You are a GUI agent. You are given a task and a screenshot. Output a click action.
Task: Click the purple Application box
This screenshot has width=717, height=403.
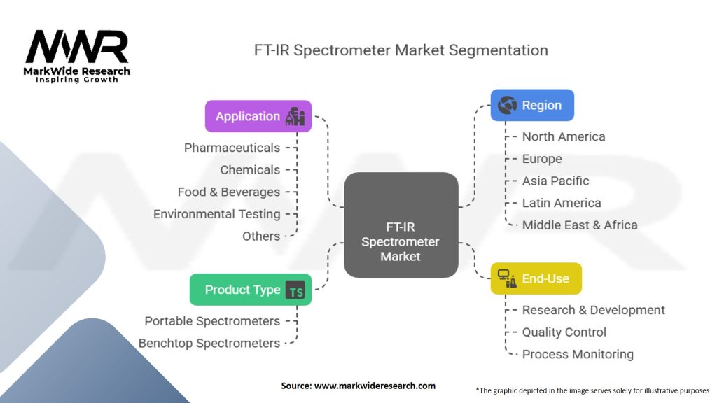tap(258, 116)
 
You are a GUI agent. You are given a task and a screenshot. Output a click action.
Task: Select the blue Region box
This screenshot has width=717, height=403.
tap(532, 105)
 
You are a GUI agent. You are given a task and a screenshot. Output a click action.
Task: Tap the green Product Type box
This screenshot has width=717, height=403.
tap(251, 290)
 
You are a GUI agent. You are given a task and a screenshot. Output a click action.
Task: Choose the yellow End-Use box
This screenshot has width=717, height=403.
tap(536, 278)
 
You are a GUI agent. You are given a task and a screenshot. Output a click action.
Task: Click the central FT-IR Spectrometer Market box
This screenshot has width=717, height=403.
tap(401, 225)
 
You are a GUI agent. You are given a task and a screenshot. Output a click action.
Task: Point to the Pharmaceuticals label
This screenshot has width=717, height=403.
tap(232, 148)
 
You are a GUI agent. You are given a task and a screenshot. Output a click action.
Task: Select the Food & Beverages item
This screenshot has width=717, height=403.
tap(229, 192)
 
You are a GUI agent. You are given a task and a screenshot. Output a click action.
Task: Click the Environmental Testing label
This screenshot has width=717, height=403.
tap(217, 214)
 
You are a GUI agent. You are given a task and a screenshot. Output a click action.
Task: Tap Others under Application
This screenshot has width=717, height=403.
tap(261, 236)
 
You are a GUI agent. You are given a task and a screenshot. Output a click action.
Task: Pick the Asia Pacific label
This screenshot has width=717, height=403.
tap(555, 181)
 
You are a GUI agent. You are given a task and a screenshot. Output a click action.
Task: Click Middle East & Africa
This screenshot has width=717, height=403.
tap(580, 225)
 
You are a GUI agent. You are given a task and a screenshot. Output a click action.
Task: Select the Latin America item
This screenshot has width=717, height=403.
tap(562, 203)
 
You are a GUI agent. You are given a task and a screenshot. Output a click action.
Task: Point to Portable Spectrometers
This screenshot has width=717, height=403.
tap(212, 321)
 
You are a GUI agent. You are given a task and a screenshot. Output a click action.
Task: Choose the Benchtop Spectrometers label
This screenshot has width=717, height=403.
tap(209, 343)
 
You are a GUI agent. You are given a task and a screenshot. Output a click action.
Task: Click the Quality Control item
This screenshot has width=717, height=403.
tap(564, 332)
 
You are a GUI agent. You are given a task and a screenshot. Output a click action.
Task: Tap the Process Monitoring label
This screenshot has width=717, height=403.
tap(578, 354)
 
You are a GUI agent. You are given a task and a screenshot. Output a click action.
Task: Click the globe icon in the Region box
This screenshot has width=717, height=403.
tap(507, 105)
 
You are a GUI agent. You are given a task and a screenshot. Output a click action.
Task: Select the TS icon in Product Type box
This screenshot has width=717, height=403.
tap(295, 290)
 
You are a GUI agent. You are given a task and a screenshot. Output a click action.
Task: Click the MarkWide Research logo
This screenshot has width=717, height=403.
tap(77, 56)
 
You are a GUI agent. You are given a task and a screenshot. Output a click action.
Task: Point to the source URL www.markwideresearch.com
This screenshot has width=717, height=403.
tap(375, 386)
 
